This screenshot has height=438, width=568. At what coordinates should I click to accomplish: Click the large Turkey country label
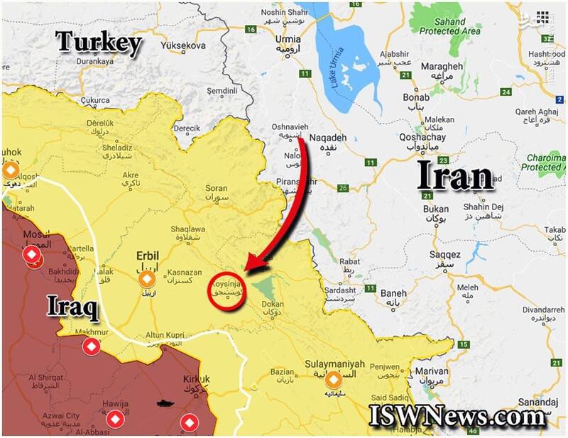[x=99, y=43]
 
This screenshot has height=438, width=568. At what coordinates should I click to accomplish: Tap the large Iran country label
[x=454, y=175]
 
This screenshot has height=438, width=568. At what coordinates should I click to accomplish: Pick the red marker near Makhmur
[x=91, y=347]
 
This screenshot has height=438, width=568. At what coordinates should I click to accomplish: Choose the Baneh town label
[x=393, y=293]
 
